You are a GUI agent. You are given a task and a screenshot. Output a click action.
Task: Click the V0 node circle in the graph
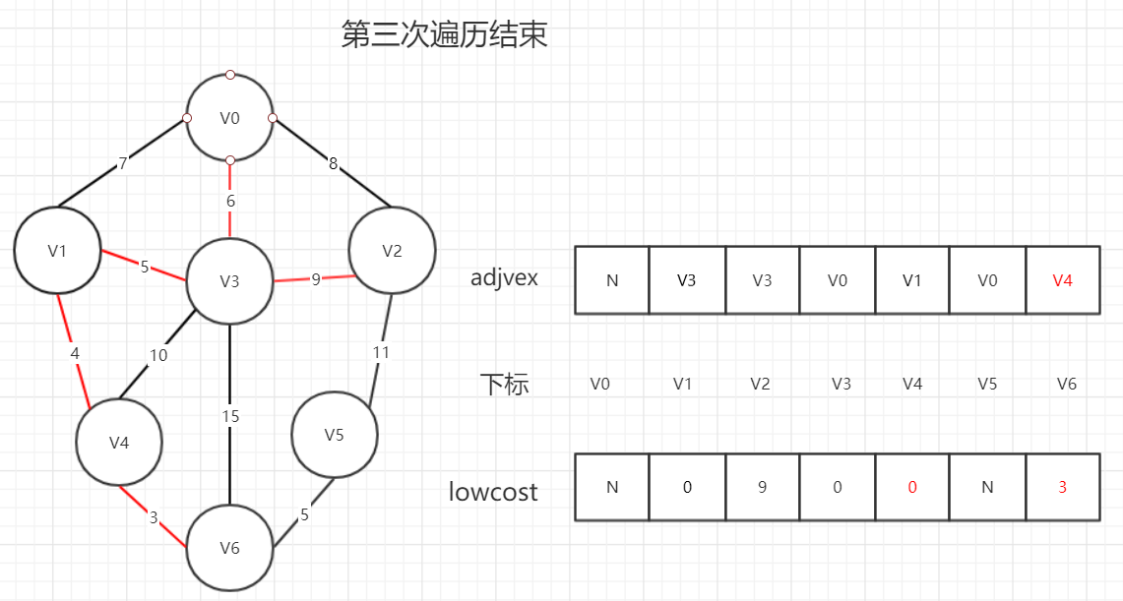(x=229, y=118)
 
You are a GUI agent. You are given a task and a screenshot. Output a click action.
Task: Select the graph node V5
(x=335, y=434)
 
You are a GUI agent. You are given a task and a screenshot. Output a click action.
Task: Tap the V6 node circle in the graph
(x=229, y=548)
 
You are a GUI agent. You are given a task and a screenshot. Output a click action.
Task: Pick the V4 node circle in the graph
(x=119, y=443)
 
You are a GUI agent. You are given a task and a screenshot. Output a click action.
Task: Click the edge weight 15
(x=229, y=416)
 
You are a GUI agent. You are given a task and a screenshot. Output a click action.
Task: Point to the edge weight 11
(x=381, y=351)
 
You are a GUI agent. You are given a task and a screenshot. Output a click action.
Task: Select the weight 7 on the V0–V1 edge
(x=123, y=164)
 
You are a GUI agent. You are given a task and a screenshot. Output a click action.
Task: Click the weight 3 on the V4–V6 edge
(x=154, y=516)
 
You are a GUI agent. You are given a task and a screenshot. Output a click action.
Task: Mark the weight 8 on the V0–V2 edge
(x=333, y=164)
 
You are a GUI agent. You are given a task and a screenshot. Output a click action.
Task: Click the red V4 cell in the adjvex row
(x=1063, y=280)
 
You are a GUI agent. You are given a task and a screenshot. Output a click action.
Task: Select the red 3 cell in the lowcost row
(x=1063, y=487)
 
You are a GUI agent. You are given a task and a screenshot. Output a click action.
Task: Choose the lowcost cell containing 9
(x=763, y=487)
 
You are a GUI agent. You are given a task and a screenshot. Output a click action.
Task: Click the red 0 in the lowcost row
(x=912, y=487)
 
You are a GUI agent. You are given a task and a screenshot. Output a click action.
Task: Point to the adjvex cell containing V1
(x=912, y=280)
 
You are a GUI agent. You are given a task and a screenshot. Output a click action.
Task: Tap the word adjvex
(x=504, y=278)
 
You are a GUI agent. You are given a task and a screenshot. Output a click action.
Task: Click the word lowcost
(x=493, y=491)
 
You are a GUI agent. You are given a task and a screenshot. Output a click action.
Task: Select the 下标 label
(x=505, y=384)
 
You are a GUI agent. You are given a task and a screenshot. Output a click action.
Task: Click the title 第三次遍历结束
(x=444, y=35)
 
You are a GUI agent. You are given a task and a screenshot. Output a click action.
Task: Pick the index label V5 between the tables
(x=987, y=384)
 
